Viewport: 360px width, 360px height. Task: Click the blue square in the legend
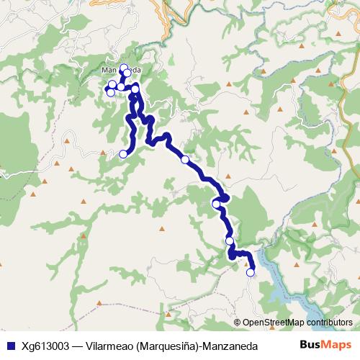click(9, 346)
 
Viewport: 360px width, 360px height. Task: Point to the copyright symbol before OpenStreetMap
click(238, 323)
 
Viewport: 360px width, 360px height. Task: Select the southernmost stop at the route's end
click(251, 272)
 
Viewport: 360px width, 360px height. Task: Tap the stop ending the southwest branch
click(123, 153)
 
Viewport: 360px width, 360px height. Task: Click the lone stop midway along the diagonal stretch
click(185, 159)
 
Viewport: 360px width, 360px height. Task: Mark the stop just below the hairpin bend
click(216, 204)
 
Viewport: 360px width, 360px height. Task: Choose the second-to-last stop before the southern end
click(229, 241)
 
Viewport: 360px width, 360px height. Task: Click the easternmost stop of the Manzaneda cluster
click(135, 87)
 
